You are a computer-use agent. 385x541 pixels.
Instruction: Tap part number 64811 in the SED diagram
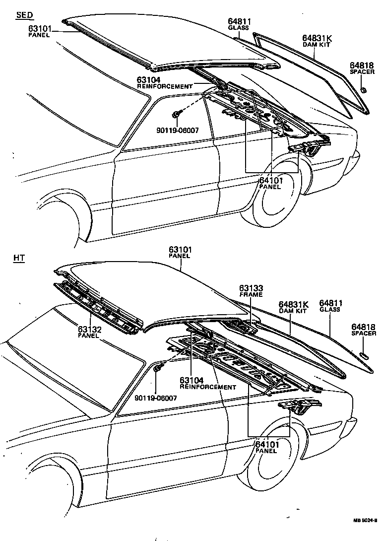[240, 21]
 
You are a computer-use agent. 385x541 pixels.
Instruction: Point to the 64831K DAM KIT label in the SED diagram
[316, 40]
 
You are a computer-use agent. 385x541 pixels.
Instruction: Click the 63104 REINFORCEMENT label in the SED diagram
[164, 82]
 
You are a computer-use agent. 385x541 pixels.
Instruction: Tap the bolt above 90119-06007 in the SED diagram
[176, 115]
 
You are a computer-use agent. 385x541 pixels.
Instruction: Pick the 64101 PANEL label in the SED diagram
[270, 183]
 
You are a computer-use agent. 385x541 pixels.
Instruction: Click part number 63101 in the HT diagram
[180, 250]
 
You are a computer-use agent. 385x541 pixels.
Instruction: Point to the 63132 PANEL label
[89, 331]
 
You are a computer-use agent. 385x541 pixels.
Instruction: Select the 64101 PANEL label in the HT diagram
[267, 447]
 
